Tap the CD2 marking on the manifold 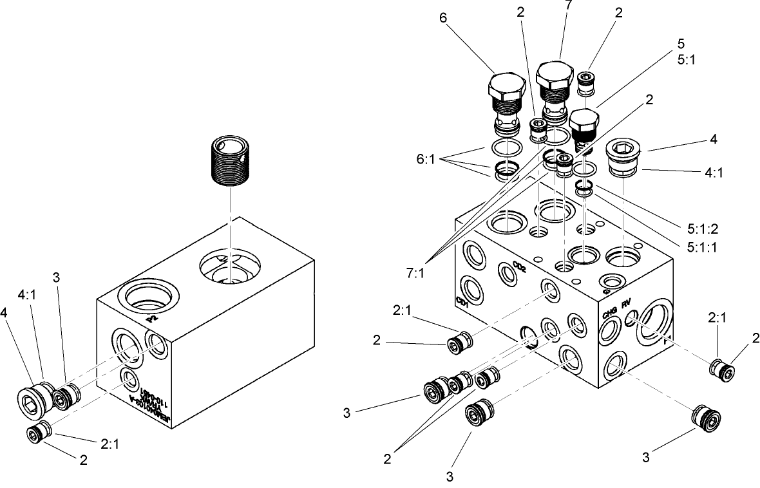click(520, 268)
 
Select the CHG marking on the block click(610, 314)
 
